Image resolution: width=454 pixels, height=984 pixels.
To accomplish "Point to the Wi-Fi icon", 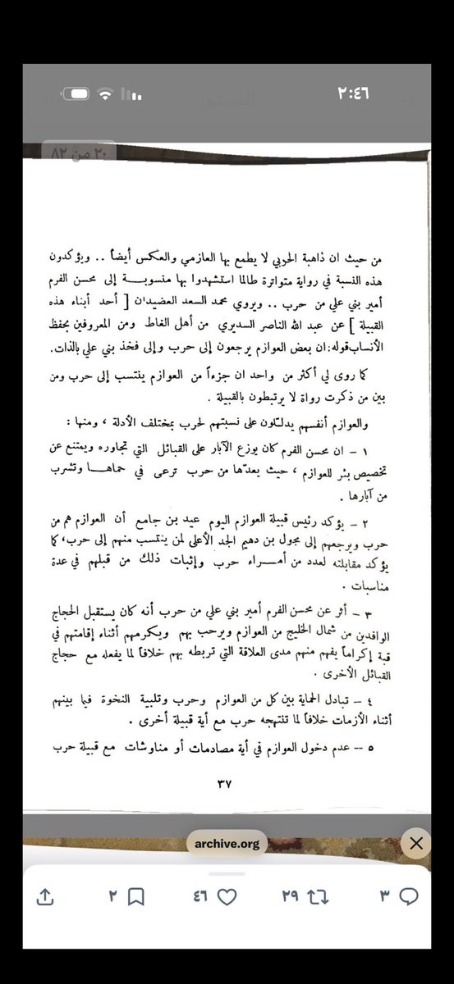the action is [x=106, y=95].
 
